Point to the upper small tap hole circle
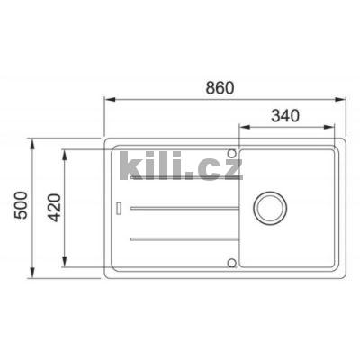[x=231, y=151]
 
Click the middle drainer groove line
[x=184, y=208]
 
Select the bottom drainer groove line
[x=184, y=238]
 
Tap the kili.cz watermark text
[x=180, y=166]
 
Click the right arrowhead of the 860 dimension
[x=343, y=98]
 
